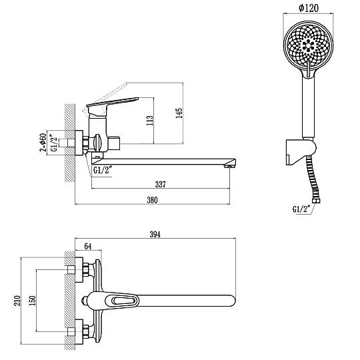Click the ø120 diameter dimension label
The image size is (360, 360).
[x=309, y=8]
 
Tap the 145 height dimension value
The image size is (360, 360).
[x=179, y=113]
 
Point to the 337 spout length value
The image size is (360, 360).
[x=160, y=184]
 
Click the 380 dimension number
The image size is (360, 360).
[x=152, y=200]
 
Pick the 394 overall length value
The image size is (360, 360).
[x=155, y=235]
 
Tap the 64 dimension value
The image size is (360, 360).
[x=88, y=247]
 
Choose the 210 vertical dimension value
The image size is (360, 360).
[x=17, y=301]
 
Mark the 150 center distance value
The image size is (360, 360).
[x=33, y=301]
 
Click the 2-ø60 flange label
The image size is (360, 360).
[x=43, y=143]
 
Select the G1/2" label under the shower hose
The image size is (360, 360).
[x=301, y=209]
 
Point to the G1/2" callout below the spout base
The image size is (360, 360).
[x=103, y=170]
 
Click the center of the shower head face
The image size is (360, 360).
[x=308, y=45]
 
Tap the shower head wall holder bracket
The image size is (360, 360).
[x=301, y=151]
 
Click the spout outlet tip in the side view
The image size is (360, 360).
[x=230, y=165]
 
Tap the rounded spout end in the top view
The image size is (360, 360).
[x=232, y=301]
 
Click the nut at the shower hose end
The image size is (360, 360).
[x=317, y=201]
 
